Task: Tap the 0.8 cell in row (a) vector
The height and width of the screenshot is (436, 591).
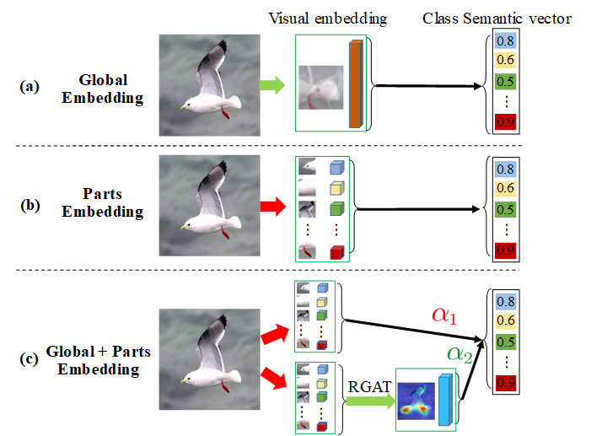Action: (505, 40)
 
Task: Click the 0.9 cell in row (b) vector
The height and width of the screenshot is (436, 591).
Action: (505, 249)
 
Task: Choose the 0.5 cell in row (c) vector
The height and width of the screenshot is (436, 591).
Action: (505, 342)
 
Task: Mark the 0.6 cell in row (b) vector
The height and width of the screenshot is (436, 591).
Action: (505, 187)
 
